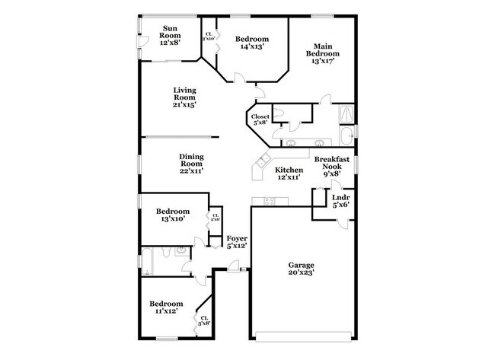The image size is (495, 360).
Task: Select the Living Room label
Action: click(184, 94)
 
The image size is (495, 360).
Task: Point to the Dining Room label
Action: click(190, 160)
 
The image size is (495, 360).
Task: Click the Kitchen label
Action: click(289, 170)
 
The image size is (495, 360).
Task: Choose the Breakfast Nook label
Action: click(332, 163)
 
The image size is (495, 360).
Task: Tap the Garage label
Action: click(301, 266)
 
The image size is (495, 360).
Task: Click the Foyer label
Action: click(236, 239)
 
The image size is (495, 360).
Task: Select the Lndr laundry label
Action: click(340, 199)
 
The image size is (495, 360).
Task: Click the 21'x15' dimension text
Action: click(184, 104)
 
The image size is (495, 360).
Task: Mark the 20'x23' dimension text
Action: click(302, 272)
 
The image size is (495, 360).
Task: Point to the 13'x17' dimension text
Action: click(324, 61)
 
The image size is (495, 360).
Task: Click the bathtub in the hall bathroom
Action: click(148, 260)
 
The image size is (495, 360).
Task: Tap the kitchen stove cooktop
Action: click(269, 202)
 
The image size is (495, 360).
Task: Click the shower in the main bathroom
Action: click(346, 112)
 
